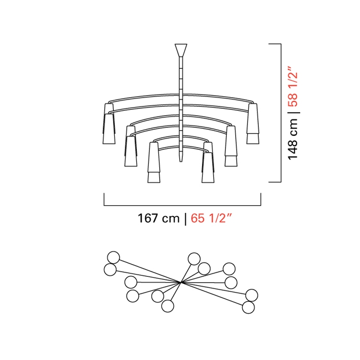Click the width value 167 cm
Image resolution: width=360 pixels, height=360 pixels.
pos(158,218)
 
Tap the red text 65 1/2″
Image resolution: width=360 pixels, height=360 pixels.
pos(211,218)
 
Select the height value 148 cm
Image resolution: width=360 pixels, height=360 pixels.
pos(293,139)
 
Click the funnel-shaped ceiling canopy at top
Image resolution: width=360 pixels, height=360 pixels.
pos(181,50)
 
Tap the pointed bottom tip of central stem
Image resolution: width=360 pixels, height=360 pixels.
pos(181,161)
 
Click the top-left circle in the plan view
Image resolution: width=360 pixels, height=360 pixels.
pos(113,257)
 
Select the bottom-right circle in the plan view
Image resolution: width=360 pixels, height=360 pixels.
pos(248,307)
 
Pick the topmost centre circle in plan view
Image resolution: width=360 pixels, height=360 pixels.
pos(194,259)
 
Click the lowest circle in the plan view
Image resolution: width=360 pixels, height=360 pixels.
pos(167,306)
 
